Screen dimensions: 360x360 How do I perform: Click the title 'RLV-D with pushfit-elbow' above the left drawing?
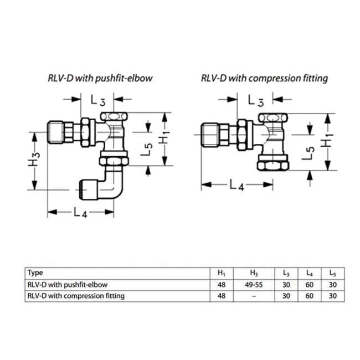coord(99,78)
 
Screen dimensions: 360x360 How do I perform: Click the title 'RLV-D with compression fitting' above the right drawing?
coord(265,78)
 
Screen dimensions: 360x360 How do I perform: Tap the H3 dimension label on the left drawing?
coord(35,160)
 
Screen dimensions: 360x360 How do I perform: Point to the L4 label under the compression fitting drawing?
coord(236,186)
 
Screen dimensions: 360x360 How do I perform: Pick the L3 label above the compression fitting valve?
coord(256,101)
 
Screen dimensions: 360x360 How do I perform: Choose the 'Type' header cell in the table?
coord(35,272)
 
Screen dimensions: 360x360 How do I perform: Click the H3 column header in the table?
coord(254,273)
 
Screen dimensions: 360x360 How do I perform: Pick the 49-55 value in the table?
coord(254,285)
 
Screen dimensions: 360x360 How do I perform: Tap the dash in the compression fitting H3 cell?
coord(254,296)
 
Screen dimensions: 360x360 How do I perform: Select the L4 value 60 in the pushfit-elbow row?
coord(308,285)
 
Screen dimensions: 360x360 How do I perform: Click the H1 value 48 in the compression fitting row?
coord(222,296)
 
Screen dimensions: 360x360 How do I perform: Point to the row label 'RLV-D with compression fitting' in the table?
coord(76,296)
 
